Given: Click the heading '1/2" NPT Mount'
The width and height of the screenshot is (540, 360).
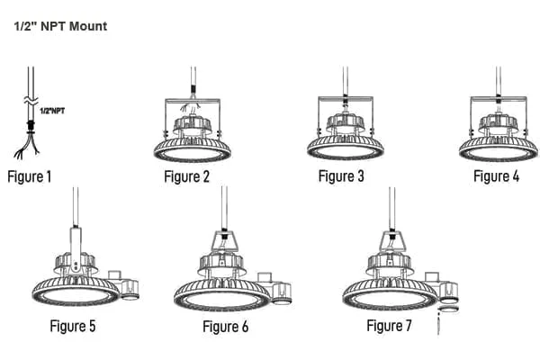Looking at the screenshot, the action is (x=60, y=26).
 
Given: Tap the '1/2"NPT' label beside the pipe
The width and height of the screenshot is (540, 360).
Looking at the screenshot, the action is (x=52, y=111).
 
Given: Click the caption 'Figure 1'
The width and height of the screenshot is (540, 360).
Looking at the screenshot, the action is (x=30, y=176).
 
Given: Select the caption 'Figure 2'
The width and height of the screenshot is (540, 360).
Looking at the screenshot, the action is (x=186, y=176).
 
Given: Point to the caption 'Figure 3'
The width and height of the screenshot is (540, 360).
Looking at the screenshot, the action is (x=341, y=176).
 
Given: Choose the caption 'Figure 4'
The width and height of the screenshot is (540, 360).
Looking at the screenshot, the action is (x=496, y=176).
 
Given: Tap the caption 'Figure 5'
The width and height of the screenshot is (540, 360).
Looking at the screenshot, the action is (x=73, y=326).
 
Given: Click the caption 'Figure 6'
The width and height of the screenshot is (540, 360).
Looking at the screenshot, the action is (x=226, y=327).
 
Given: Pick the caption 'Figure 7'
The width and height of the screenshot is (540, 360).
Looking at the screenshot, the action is (x=389, y=326).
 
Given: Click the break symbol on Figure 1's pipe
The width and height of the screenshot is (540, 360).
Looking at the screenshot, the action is (x=31, y=101).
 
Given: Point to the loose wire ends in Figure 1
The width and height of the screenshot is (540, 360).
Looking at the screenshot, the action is (x=26, y=147).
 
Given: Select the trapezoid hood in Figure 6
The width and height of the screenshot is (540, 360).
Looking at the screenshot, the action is (x=224, y=241).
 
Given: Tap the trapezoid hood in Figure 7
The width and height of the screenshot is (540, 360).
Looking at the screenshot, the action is (x=392, y=240).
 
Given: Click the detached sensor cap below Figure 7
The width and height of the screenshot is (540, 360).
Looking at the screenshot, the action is (x=448, y=309).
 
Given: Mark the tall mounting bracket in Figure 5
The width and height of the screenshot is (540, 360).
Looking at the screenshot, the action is (x=76, y=250).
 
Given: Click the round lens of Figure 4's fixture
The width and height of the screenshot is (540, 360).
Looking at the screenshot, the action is (x=498, y=153).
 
